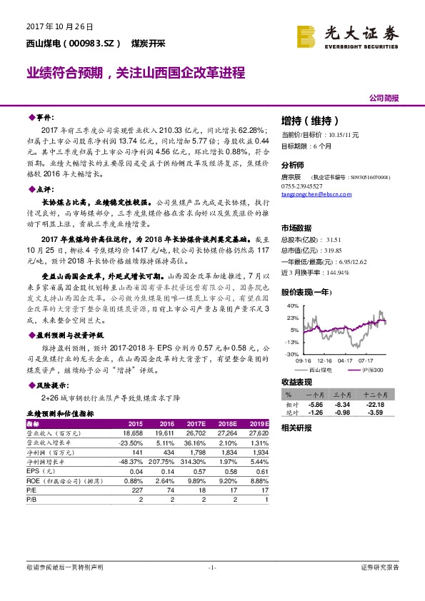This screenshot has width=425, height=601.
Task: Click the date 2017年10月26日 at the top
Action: pos(50,26)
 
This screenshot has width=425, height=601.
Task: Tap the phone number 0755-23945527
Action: pos(302,186)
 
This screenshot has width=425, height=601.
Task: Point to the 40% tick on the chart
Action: pos(292,307)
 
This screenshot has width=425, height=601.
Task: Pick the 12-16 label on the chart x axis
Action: pos(326,360)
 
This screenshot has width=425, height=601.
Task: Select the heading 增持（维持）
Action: pos(309,121)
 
